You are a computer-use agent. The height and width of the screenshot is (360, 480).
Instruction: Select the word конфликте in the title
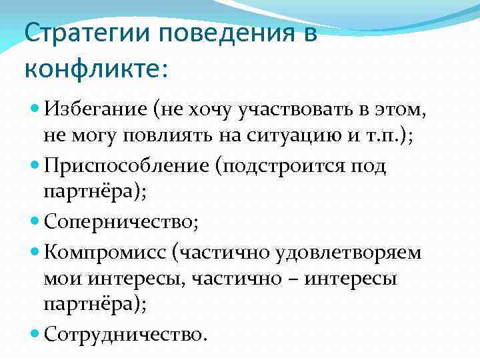[89, 68]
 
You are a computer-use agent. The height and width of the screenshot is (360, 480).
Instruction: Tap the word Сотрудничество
[121, 333]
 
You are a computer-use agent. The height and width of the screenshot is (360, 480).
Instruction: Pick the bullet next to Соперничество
[35, 222]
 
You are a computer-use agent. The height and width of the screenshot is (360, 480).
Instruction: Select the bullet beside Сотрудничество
[35, 333]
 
